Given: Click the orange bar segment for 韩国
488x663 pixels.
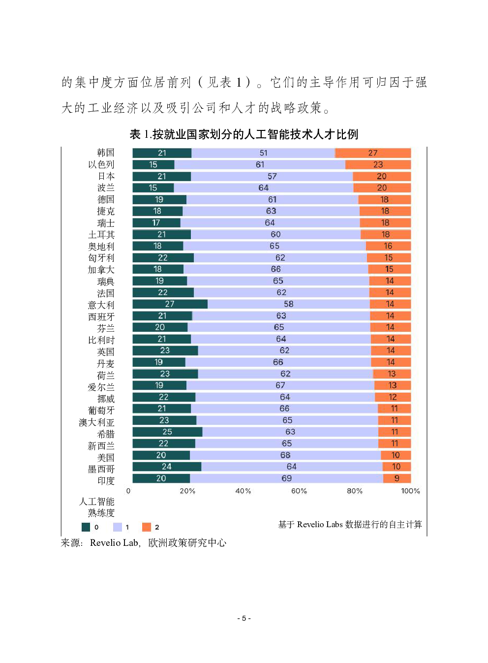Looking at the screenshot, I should click(373, 153).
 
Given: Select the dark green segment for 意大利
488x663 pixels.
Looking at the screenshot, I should click(170, 304).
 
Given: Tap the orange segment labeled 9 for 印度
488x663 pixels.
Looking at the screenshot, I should click(396, 478).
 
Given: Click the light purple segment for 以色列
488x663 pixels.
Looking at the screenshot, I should click(260, 164).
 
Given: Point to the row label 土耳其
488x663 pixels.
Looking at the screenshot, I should click(101, 235).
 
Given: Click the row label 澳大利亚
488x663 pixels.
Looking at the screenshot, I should click(96, 422).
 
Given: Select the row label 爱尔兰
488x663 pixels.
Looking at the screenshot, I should click(101, 387).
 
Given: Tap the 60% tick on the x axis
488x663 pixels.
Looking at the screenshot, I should click(299, 491).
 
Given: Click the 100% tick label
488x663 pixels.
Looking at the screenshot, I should click(410, 491).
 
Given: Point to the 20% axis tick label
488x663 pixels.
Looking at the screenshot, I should click(187, 491).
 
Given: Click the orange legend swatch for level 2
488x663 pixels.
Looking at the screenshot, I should click(147, 527).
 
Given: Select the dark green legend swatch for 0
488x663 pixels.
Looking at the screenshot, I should click(86, 527).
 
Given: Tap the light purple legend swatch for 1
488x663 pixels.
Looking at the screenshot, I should click(118, 527).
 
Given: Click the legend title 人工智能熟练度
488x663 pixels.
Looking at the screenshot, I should click(97, 507).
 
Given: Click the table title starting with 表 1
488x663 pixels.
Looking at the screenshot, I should click(244, 134).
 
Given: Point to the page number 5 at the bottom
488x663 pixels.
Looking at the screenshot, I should click(244, 618).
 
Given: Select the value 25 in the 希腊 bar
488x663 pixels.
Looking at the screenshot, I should click(167, 432).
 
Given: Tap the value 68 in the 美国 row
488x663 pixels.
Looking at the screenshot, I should click(285, 455).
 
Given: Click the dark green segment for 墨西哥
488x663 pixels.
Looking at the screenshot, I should click(167, 467).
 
